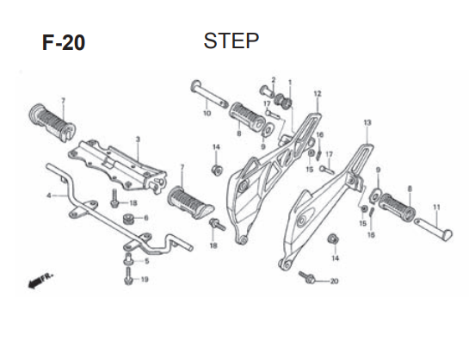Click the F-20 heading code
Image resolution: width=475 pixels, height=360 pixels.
[x=64, y=43]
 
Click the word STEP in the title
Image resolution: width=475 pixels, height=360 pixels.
[x=231, y=41]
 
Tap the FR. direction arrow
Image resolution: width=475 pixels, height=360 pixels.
[x=40, y=281]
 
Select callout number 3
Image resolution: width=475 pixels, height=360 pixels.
[x=138, y=140]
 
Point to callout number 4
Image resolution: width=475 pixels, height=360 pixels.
[x=49, y=196]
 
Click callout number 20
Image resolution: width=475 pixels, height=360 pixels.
[x=334, y=281]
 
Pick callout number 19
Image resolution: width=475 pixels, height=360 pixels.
[x=145, y=279]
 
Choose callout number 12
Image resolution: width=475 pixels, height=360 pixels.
[x=318, y=94]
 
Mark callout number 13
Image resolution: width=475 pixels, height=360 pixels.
[x=367, y=123]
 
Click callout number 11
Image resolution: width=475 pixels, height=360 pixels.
[x=436, y=208]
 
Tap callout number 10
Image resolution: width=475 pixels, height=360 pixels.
[x=207, y=113]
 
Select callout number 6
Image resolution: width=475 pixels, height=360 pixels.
[x=146, y=218]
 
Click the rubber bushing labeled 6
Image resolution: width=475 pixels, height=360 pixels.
[x=129, y=220]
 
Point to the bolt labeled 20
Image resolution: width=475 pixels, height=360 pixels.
[x=306, y=277]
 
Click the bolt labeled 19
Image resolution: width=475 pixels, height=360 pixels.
[x=128, y=276]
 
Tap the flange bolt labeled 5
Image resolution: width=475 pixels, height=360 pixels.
[x=128, y=258]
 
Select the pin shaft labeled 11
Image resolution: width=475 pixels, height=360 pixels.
[x=433, y=229]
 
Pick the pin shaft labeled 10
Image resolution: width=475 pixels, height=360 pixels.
[x=210, y=95]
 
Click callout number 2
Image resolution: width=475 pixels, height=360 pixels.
[x=274, y=80]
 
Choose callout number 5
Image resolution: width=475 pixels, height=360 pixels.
[x=146, y=261]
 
